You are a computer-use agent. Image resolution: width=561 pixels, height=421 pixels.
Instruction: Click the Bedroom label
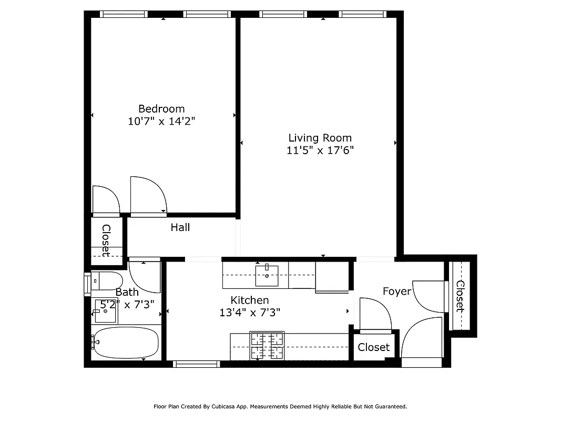(161, 109)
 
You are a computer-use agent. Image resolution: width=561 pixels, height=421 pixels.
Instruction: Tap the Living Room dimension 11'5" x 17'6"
(320, 151)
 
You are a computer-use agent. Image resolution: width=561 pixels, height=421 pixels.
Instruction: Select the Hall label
(180, 227)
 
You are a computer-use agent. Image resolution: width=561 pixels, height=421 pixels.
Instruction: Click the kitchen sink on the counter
(267, 275)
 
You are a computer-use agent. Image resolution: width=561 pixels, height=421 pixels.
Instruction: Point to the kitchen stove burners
(267, 346)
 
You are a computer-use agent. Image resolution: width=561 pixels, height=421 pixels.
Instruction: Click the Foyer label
(396, 291)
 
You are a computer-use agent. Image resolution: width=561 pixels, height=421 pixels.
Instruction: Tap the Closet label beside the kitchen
(374, 347)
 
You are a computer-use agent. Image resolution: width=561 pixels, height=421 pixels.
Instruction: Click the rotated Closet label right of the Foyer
(460, 296)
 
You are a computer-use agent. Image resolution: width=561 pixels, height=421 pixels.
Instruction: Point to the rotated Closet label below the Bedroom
(106, 240)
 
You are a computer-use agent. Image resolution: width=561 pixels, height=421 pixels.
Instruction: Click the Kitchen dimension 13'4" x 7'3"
(250, 312)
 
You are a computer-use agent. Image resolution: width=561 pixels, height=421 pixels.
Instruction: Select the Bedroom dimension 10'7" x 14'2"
(161, 121)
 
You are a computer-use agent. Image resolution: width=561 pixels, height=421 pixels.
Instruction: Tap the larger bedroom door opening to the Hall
(148, 196)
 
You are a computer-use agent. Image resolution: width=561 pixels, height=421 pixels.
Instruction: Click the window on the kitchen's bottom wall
(196, 364)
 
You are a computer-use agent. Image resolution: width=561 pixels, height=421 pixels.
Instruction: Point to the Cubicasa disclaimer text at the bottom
(280, 406)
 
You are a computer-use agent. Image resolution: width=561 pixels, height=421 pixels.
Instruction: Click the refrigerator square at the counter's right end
(331, 276)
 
